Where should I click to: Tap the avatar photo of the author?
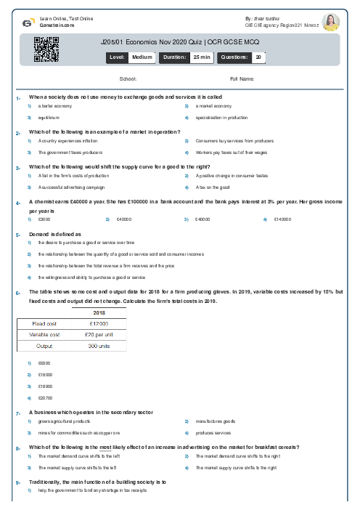pos(331,22)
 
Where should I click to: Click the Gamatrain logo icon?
pos(27,23)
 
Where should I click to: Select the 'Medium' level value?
pos(142,56)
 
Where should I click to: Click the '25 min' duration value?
pos(196,56)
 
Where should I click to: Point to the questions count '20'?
pos(258,56)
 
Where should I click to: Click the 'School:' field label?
pos(128,78)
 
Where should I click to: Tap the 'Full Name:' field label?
pos(242,78)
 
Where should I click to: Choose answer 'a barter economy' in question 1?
pos(55,106)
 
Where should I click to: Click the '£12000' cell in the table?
pos(99,323)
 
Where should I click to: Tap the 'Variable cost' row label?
pos(44,334)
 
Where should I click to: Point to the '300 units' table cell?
pos(99,346)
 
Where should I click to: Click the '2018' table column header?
pos(99,311)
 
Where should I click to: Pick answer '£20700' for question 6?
pos(44,399)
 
